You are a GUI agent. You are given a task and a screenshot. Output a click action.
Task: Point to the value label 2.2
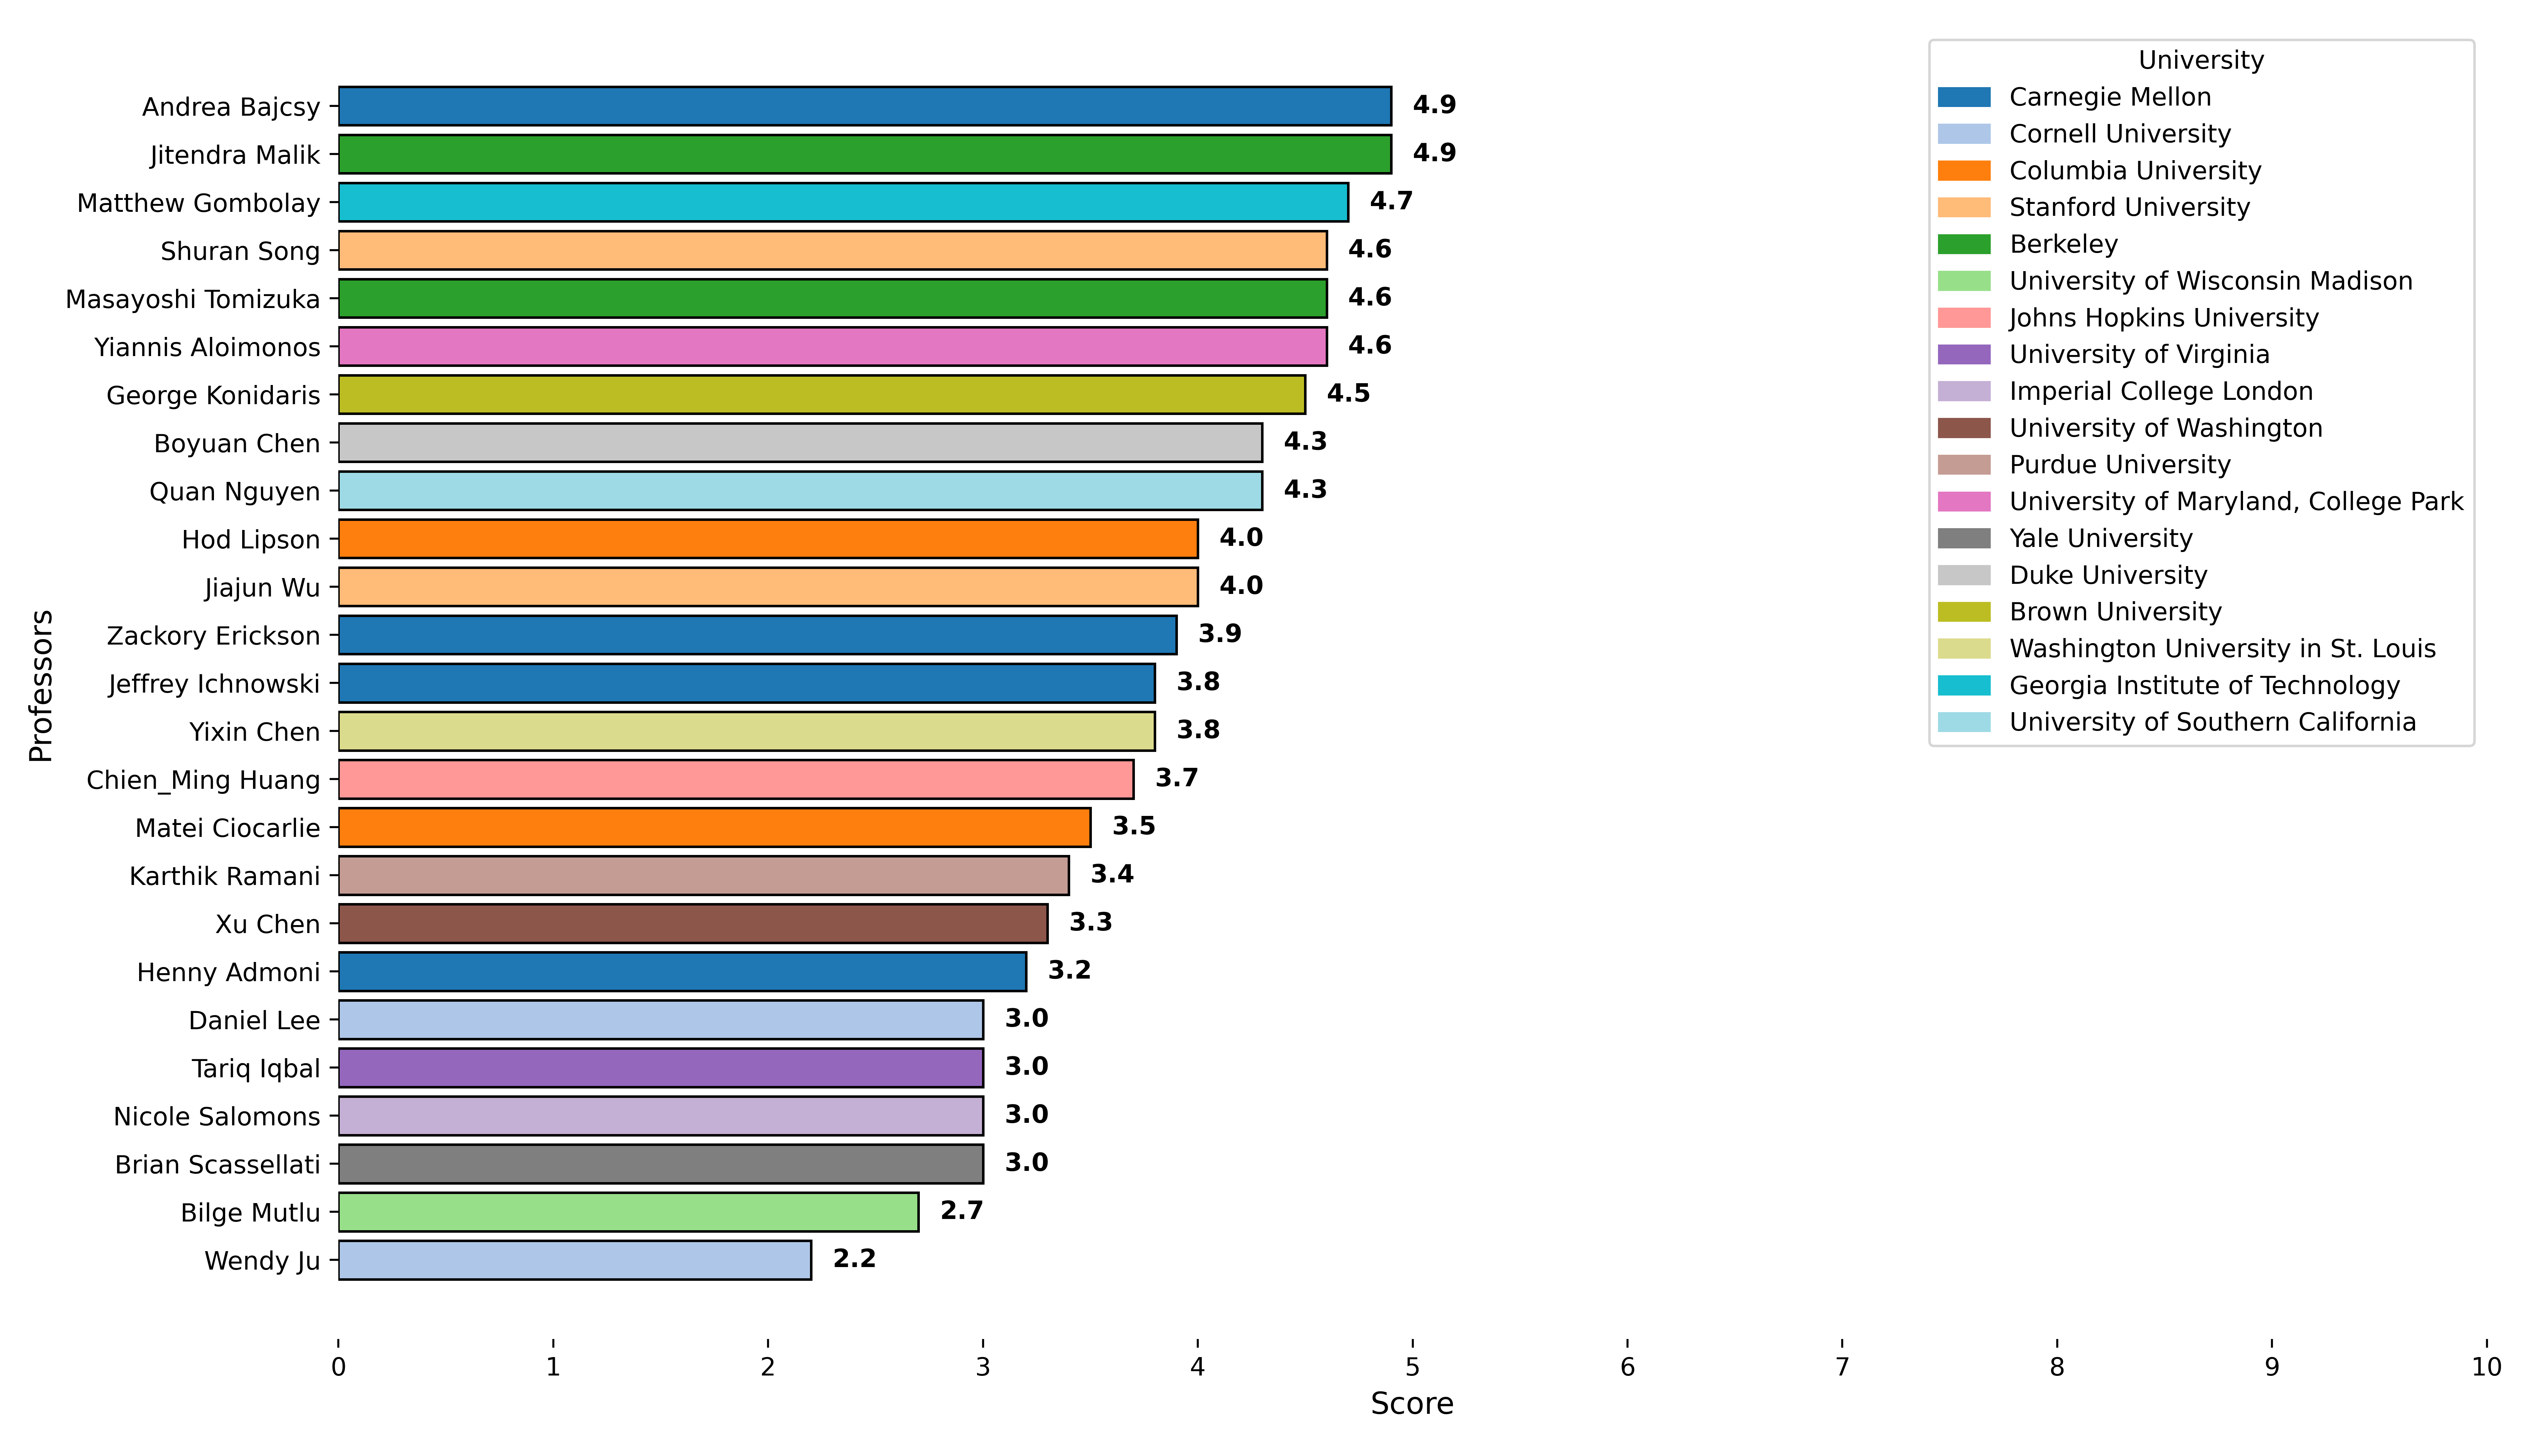point(854,1259)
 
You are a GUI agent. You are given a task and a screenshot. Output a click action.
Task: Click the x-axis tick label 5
point(1412,1368)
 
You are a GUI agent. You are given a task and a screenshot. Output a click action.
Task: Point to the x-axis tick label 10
point(2485,1368)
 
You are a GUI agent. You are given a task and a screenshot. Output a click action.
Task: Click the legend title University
point(2200,61)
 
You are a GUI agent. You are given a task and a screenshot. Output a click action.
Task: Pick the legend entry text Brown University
point(2115,612)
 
